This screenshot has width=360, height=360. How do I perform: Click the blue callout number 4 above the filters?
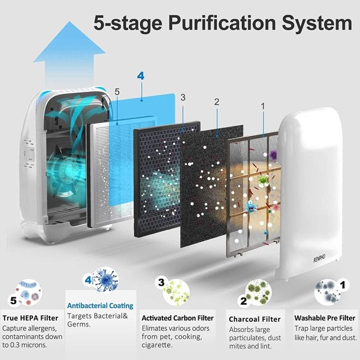[141, 76]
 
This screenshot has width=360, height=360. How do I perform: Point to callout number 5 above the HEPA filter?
[116, 92]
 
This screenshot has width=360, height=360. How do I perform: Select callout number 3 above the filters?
[183, 97]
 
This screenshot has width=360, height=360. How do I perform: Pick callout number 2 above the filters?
[216, 102]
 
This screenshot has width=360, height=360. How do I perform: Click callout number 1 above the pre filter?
[262, 106]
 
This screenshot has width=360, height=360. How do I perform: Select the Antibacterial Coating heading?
[100, 306]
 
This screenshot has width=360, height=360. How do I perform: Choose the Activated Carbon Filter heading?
[177, 318]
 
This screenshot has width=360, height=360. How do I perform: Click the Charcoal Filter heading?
[255, 319]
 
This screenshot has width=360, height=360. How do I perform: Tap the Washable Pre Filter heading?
[325, 318]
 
